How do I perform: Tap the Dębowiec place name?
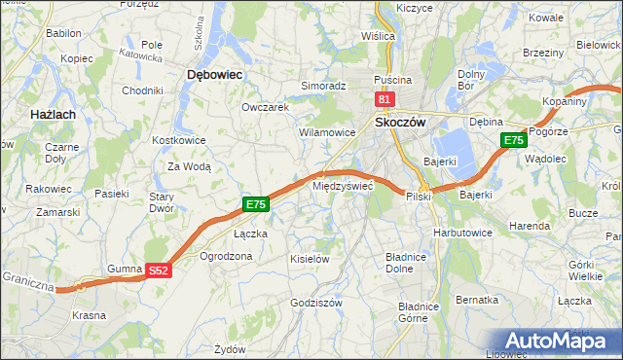click(x=213, y=74)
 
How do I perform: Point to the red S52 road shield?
click(x=160, y=271)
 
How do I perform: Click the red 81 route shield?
click(x=385, y=99)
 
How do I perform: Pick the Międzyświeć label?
click(x=342, y=185)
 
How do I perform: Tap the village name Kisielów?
click(x=311, y=259)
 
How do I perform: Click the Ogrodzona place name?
click(x=226, y=256)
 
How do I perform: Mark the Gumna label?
click(x=125, y=267)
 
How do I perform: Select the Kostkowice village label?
click(x=178, y=140)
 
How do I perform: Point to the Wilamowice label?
click(x=326, y=131)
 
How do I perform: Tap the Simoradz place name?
click(x=323, y=86)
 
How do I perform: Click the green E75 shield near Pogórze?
click(x=514, y=141)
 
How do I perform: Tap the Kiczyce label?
click(x=414, y=8)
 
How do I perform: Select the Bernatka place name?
click(x=477, y=300)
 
